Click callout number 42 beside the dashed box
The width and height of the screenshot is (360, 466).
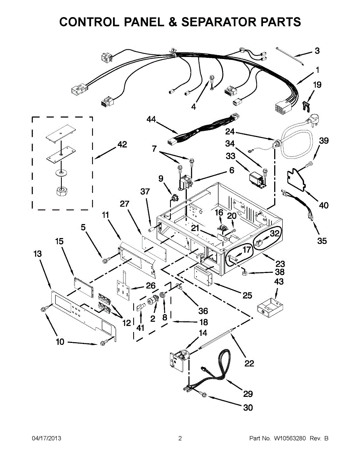[x=122, y=144]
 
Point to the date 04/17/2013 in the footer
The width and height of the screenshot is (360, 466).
[x=46, y=438]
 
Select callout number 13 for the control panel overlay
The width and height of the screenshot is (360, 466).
[x=37, y=254]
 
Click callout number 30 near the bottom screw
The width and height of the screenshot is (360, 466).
[x=248, y=407]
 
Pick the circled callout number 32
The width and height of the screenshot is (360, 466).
[x=275, y=233]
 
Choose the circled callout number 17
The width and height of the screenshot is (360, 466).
[x=247, y=250]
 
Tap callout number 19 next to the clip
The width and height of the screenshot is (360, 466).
[x=317, y=85]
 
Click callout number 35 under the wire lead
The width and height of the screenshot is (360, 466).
[x=322, y=241]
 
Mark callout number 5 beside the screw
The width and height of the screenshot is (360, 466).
[x=83, y=228]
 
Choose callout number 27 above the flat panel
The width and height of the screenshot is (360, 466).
[x=124, y=204]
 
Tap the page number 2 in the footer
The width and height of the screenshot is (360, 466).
[x=180, y=438]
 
